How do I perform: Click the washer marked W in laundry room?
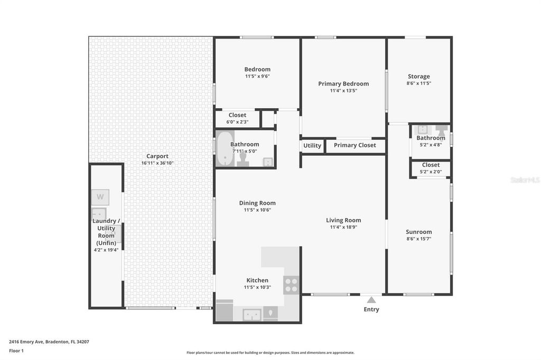point(100,197)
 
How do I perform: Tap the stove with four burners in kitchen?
point(291,285)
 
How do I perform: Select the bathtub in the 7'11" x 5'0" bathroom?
point(225,148)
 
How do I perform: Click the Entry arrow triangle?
point(371,300)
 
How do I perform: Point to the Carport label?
point(157,156)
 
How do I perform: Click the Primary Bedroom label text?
point(343,84)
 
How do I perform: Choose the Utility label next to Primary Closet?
point(312,146)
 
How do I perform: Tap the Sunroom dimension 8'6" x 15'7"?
point(418,239)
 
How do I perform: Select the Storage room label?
point(418,77)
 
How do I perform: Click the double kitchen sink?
point(251,315)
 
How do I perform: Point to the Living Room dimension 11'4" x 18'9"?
point(343,227)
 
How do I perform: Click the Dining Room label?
point(257,203)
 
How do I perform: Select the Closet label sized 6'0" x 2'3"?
point(237,115)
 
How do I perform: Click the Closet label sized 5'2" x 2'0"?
point(431,165)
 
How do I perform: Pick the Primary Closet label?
point(355,146)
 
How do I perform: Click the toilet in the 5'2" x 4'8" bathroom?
point(442,129)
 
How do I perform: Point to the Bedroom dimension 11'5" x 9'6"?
point(257,76)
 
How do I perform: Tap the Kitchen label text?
point(257,280)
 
